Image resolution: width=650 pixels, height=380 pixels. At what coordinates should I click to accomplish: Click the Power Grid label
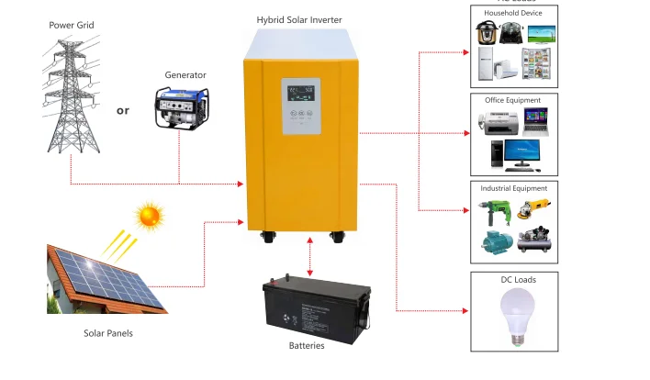pos(72,25)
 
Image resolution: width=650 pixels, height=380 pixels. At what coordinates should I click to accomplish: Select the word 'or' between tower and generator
pos(123,110)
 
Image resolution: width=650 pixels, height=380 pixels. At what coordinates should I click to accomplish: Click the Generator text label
pos(185,74)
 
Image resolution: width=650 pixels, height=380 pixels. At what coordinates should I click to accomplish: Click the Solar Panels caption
pos(107,333)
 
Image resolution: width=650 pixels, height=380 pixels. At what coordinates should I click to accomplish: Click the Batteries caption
pos(307,346)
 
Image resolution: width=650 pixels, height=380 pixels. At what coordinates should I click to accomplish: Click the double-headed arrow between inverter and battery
pos(311,255)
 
